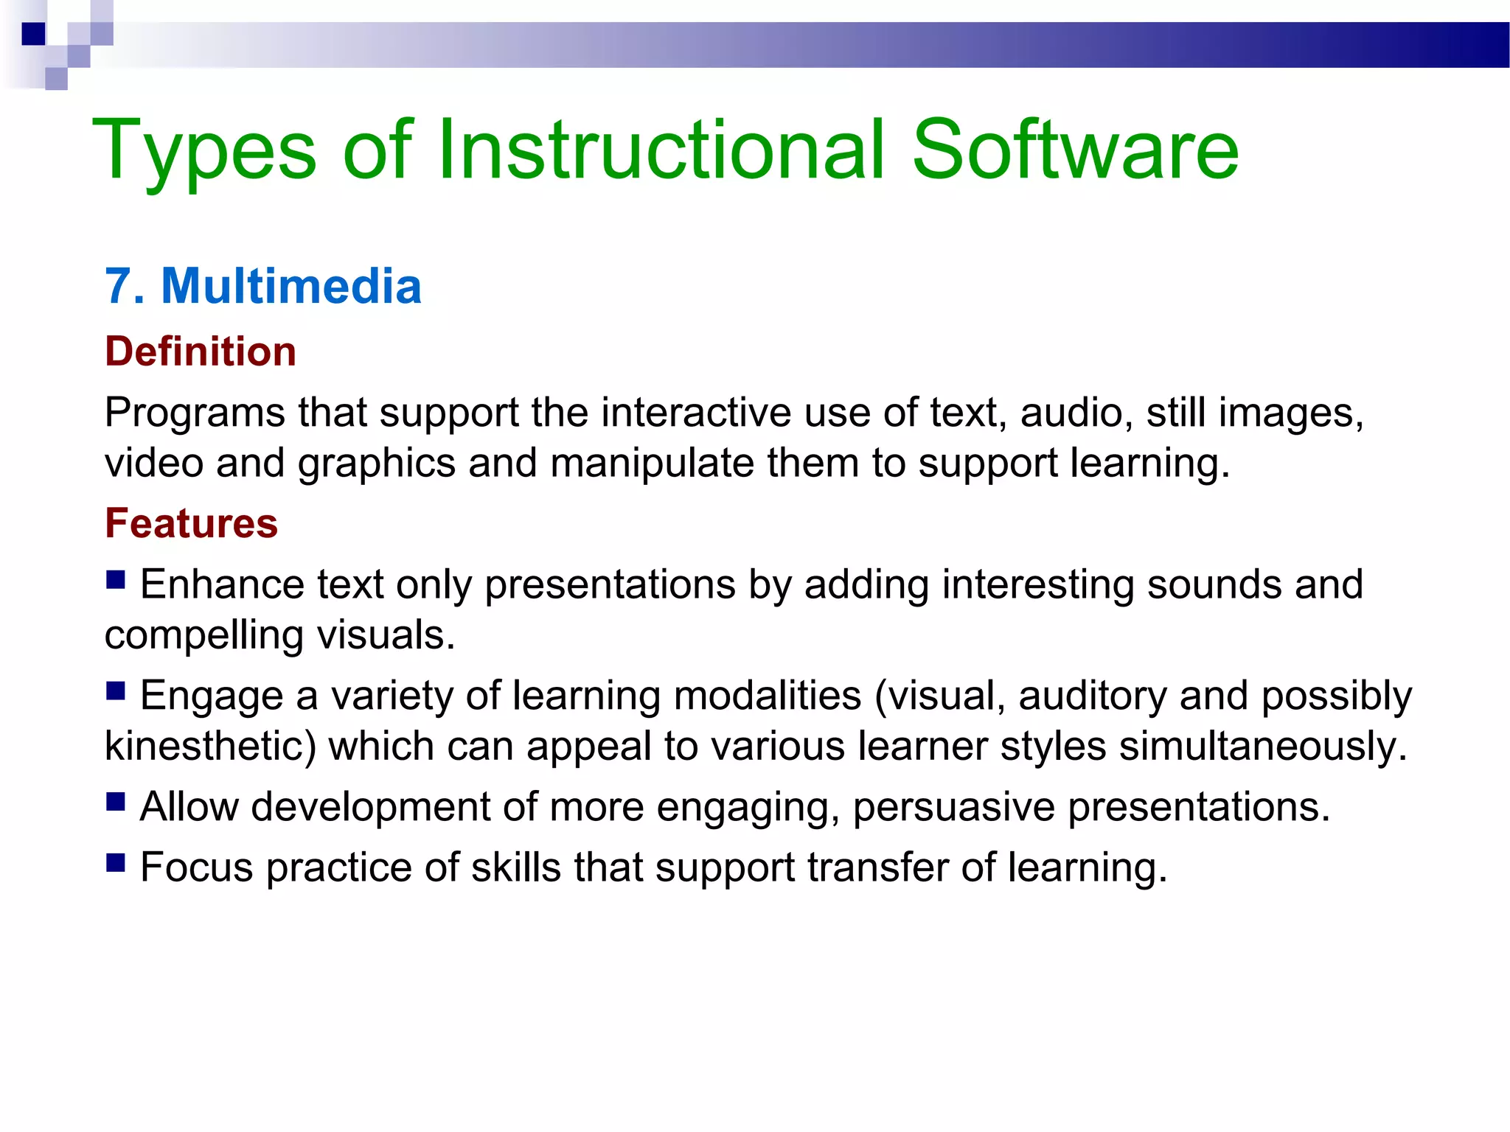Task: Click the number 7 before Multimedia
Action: [119, 286]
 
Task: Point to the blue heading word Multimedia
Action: [291, 286]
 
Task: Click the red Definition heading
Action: [201, 351]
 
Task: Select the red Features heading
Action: [192, 523]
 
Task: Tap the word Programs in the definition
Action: [195, 413]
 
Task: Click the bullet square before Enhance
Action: [116, 579]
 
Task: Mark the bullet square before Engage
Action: [116, 691]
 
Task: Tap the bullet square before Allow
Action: [116, 802]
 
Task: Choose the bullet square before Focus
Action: [116, 862]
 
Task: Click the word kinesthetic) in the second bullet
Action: [210, 746]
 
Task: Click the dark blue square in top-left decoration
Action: [33, 34]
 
